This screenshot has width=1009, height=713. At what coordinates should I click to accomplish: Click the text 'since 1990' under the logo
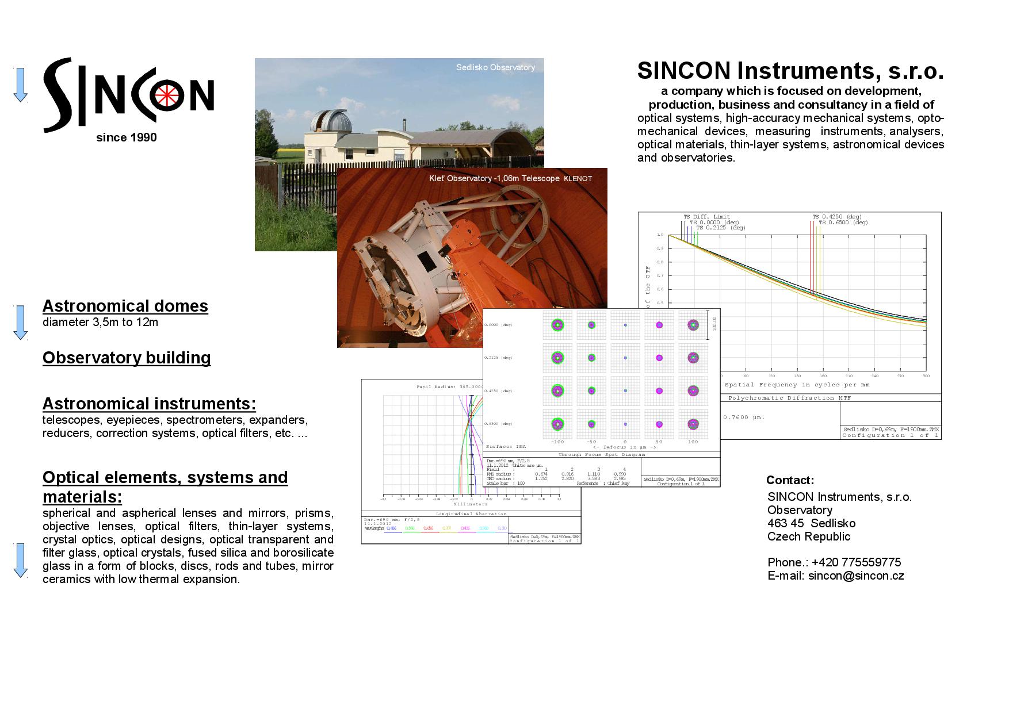click(x=126, y=137)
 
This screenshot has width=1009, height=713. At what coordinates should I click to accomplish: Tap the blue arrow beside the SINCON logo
click(x=21, y=85)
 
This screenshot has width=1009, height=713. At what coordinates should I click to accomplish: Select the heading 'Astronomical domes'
click(x=125, y=306)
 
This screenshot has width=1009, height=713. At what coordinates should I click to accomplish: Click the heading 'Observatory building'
click(x=126, y=358)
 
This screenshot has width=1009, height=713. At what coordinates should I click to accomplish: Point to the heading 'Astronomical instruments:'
click(x=149, y=404)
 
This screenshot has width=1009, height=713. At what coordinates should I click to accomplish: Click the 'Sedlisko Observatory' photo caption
click(x=495, y=67)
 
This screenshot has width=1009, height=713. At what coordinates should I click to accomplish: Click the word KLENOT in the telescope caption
click(x=578, y=179)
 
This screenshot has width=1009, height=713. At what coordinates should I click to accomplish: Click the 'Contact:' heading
click(x=790, y=480)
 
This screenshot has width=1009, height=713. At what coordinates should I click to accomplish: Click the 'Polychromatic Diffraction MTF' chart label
click(x=789, y=398)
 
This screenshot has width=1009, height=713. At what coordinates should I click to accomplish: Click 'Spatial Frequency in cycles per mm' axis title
click(x=797, y=385)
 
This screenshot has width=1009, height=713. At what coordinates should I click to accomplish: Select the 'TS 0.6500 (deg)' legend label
click(x=843, y=223)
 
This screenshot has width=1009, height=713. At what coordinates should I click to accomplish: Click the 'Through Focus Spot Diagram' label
click(x=602, y=454)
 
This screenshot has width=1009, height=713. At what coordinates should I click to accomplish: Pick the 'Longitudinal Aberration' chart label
click(x=471, y=514)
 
